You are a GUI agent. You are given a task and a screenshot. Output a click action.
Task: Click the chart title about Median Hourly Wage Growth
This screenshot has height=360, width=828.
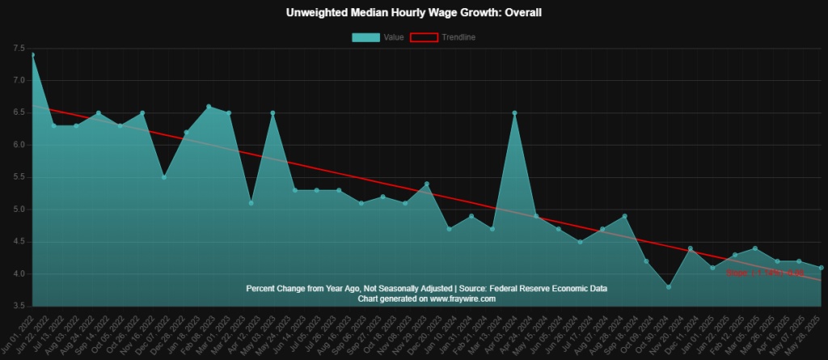pyautogui.click(x=413, y=14)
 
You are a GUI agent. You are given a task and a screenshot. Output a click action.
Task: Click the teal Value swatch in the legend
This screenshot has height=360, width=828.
pyautogui.click(x=365, y=37)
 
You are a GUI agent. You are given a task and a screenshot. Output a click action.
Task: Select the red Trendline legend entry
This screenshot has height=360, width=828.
pyautogui.click(x=425, y=37)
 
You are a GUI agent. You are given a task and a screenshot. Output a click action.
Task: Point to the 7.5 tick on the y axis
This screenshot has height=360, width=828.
pyautogui.click(x=19, y=49)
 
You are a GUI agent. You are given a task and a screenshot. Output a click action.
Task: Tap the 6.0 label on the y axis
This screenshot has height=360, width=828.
pyautogui.click(x=19, y=145)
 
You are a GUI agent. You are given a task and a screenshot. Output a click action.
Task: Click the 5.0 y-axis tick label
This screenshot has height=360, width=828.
pyautogui.click(x=19, y=210)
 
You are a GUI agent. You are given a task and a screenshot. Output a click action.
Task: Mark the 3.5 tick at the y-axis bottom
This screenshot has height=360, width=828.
pyautogui.click(x=19, y=306)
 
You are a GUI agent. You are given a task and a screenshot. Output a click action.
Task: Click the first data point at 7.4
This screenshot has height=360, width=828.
pyautogui.click(x=32, y=55)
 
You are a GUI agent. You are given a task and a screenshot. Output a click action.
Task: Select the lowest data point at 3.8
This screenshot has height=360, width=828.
pyautogui.click(x=668, y=287)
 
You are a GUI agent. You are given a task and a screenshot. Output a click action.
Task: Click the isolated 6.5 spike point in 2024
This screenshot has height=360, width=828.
pyautogui.click(x=514, y=113)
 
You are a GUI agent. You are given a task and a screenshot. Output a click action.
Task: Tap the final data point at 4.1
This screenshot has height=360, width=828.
pyautogui.click(x=821, y=268)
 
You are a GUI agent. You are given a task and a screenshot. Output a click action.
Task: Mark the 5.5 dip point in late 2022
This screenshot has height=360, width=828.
pyautogui.click(x=164, y=177)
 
